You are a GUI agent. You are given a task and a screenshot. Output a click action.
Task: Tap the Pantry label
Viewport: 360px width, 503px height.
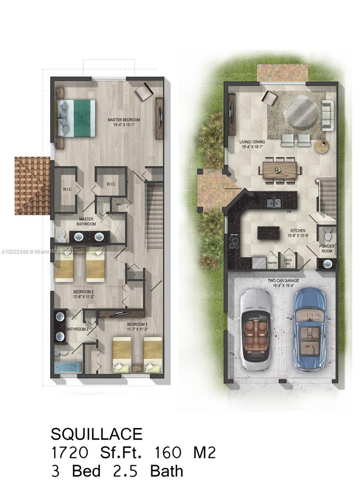pos(272,263)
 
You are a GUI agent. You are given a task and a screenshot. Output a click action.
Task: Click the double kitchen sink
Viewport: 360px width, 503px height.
pos(275,203)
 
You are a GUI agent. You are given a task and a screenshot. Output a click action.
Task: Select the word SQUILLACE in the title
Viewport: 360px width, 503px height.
pos(97,434)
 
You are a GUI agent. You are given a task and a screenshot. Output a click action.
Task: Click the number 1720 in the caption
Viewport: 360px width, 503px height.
pos(70,453)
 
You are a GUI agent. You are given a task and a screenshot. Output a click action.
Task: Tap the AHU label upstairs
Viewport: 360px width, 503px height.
pos(119,204)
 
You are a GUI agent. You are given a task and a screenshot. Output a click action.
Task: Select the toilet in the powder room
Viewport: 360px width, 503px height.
pos(328,232)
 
